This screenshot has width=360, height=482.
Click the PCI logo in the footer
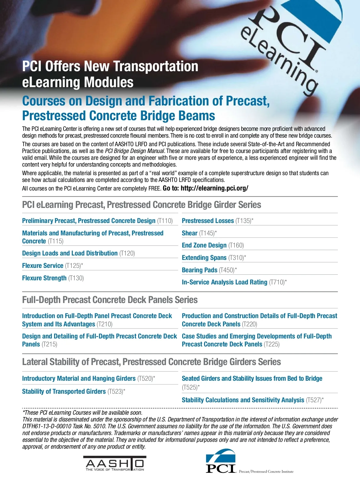coord(221,461)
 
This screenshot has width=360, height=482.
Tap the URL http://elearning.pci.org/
coord(214,188)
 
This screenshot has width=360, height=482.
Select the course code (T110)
coord(165,221)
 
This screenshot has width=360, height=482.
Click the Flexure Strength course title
coord(44,278)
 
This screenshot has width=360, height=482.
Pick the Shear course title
coord(190,233)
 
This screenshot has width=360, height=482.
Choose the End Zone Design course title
coord(204,245)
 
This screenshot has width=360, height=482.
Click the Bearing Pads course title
coord(199,270)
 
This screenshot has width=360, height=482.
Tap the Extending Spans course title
coord(204,258)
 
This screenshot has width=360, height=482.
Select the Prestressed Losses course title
coord(208,221)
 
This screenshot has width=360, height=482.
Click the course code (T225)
coord(271,344)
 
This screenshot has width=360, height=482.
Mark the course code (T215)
coord(49,344)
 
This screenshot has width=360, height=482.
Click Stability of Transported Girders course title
coord(64,392)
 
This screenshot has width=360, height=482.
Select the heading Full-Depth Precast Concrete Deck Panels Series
coord(110,300)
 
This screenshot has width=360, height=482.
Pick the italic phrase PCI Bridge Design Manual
coord(134,151)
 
